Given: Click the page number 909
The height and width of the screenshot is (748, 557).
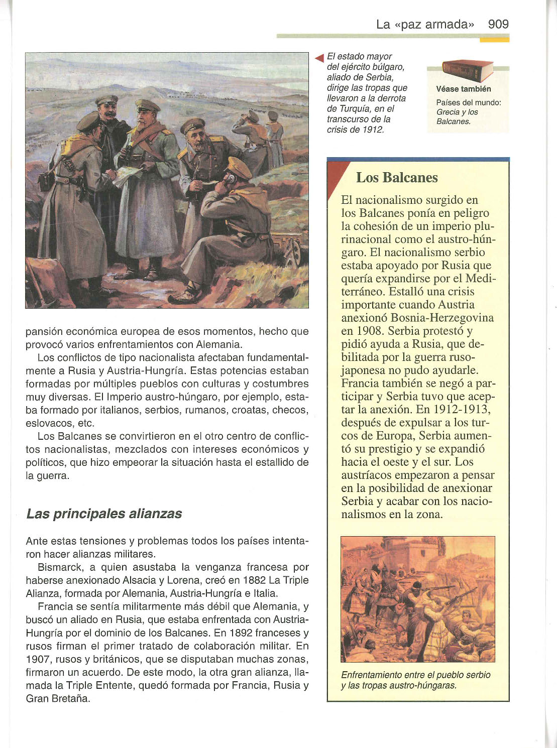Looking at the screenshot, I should tap(498, 24).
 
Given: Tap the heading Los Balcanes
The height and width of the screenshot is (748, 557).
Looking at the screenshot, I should tap(397, 178).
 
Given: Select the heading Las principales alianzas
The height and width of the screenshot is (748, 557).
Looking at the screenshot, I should tap(104, 514).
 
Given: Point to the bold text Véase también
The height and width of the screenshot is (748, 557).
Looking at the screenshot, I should tap(464, 89).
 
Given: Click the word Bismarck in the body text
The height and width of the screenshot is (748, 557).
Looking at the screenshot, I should tap(57, 567).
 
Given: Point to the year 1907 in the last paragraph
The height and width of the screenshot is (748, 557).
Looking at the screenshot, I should tap(39, 659).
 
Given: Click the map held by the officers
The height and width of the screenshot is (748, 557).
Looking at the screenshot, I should tap(129, 176).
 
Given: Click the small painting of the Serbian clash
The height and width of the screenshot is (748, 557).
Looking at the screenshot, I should tap(417, 599).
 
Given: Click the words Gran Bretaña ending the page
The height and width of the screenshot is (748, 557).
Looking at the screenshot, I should tap(58, 698).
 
